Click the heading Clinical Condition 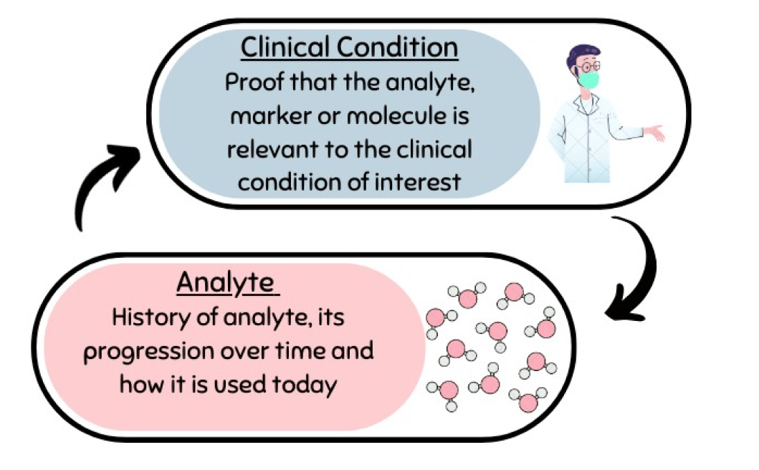point(349,47)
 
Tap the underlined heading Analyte point(227,283)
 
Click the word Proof point(254,83)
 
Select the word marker point(271,116)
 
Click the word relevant point(274,149)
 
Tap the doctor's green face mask point(588,80)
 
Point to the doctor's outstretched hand point(654,132)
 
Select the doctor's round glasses point(589,67)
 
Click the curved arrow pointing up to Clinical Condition point(95,181)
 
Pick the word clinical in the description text point(434,149)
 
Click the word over point(245,352)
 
